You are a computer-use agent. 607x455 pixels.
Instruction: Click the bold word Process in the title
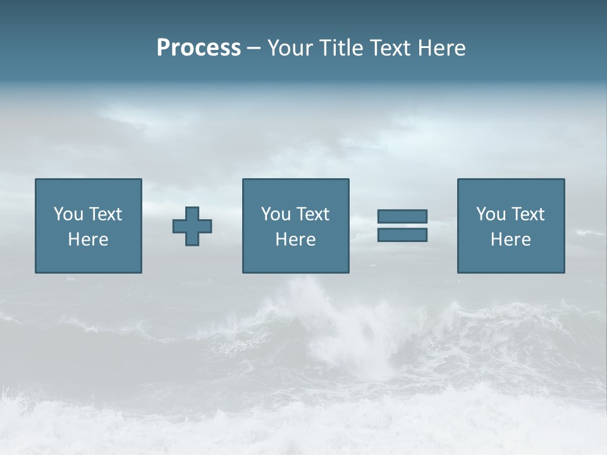(199, 48)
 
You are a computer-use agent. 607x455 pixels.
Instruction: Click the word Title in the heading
(340, 48)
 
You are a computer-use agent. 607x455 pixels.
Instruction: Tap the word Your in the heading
(290, 48)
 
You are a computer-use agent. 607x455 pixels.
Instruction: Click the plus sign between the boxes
(192, 226)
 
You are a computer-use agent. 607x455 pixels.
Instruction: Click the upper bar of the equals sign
(402, 216)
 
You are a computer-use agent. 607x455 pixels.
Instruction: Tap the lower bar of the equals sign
(402, 235)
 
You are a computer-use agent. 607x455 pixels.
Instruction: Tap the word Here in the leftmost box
(88, 240)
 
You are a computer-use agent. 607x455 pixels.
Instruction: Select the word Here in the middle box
(295, 240)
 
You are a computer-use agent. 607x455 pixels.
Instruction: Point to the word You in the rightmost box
(491, 214)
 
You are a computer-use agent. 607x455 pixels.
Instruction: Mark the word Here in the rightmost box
(510, 240)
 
